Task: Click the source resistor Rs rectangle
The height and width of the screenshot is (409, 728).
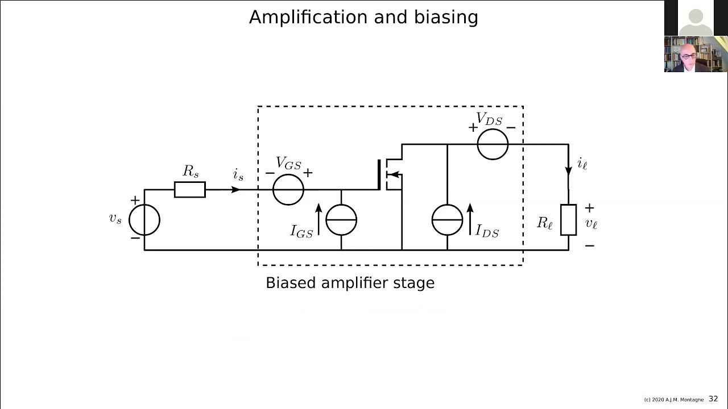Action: click(x=189, y=190)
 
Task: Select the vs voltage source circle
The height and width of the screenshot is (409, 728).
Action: click(x=144, y=220)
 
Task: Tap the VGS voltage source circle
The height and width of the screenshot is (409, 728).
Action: click(x=288, y=190)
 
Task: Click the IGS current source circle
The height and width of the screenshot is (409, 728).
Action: click(x=341, y=220)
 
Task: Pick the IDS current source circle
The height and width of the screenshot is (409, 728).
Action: click(x=447, y=220)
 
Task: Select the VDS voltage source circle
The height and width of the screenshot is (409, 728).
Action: click(x=493, y=144)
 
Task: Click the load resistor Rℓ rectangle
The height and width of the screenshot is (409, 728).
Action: click(x=568, y=220)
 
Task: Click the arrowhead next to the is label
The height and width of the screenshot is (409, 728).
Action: click(x=235, y=190)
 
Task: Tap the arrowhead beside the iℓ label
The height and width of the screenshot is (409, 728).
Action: click(x=568, y=170)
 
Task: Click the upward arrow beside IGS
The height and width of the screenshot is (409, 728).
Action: click(x=318, y=219)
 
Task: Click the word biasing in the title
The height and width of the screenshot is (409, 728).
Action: click(x=452, y=18)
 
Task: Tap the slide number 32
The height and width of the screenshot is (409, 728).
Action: click(x=713, y=399)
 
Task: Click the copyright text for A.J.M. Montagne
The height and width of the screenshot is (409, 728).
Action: click(x=673, y=400)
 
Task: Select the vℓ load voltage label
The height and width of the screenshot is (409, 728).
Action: click(x=591, y=224)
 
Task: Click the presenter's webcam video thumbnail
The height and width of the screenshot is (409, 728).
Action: click(x=696, y=55)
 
